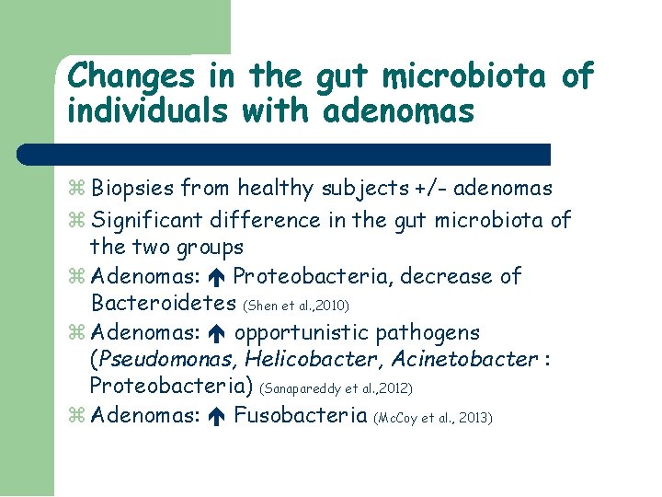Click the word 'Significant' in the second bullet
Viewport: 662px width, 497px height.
pyautogui.click(x=149, y=220)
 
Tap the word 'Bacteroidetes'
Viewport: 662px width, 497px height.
pyautogui.click(x=164, y=303)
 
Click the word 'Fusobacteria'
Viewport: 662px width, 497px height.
pyautogui.click(x=300, y=415)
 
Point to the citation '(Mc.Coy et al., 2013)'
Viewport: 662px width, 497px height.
pyautogui.click(x=433, y=418)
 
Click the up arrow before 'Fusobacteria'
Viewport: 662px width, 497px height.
pyautogui.click(x=217, y=415)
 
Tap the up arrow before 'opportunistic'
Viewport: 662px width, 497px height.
pyautogui.click(x=217, y=332)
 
